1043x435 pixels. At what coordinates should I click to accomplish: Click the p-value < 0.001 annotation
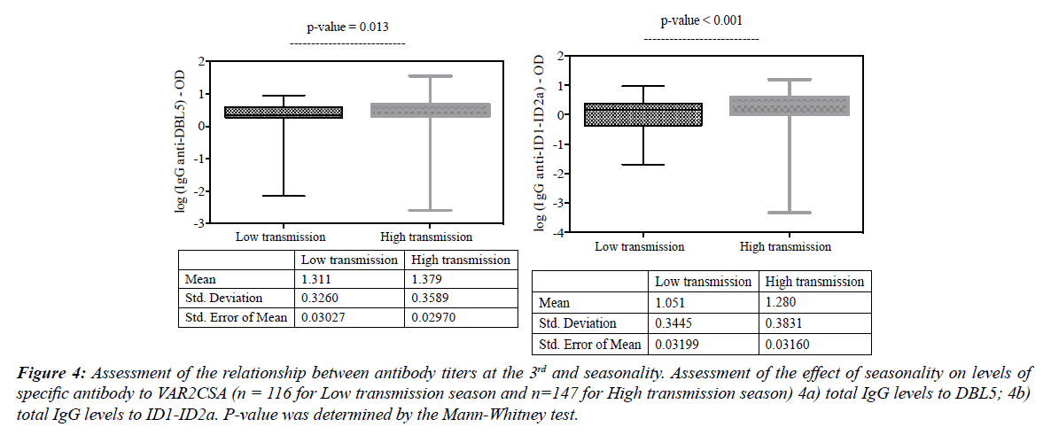(x=700, y=20)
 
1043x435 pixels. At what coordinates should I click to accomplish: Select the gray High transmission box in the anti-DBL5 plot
(x=430, y=110)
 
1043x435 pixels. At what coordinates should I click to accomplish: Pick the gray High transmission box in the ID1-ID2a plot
(x=788, y=105)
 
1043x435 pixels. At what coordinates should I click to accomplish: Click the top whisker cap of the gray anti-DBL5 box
(x=430, y=76)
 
